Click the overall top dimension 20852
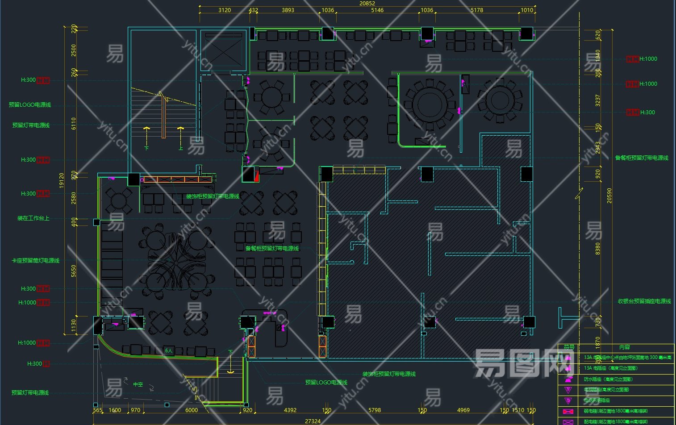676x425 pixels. click(367, 3)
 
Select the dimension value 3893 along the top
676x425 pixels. click(288, 10)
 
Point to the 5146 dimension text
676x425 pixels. click(377, 10)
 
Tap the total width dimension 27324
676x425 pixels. click(313, 421)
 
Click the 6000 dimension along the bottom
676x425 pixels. click(192, 410)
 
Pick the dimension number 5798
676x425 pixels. click(375, 410)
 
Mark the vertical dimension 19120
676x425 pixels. click(62, 181)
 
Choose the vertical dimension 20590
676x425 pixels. click(609, 196)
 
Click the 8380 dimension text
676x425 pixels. click(598, 249)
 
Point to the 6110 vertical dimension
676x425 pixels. click(74, 124)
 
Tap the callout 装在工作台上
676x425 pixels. click(33, 218)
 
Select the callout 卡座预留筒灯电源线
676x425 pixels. click(35, 260)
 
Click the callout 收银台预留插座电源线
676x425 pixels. click(644, 301)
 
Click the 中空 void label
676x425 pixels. click(138, 384)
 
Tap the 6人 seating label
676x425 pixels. click(169, 351)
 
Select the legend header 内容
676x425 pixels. click(624, 347)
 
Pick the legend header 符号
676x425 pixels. click(569, 347)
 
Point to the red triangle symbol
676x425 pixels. click(256, 176)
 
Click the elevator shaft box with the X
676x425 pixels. click(224, 50)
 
